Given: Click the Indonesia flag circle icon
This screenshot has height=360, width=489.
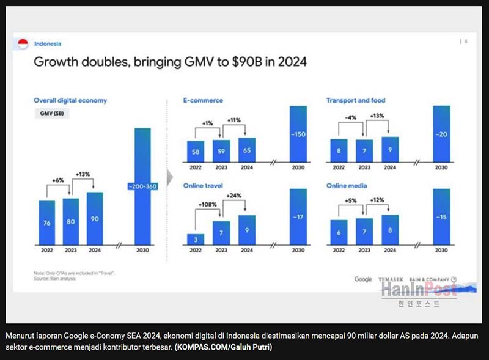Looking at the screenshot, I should click(23, 43).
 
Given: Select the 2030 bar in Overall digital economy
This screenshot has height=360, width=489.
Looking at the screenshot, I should click(142, 186).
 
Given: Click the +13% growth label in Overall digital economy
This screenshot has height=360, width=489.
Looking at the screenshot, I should click(83, 174).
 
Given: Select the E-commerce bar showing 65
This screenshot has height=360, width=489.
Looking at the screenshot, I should click(247, 149).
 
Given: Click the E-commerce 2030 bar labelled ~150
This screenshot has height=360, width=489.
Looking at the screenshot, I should click(298, 133).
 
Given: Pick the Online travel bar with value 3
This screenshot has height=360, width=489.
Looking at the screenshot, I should click(195, 238).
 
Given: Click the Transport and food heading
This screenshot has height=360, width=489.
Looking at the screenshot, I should click(356, 100).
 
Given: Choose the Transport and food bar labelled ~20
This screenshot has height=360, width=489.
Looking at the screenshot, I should click(441, 133).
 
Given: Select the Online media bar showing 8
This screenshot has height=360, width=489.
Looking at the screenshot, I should click(389, 229).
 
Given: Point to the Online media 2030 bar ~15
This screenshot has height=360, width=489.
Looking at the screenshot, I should click(441, 216).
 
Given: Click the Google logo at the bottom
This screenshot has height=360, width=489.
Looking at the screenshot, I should click(363, 279).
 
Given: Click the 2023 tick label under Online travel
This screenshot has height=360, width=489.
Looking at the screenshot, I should click(221, 251).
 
